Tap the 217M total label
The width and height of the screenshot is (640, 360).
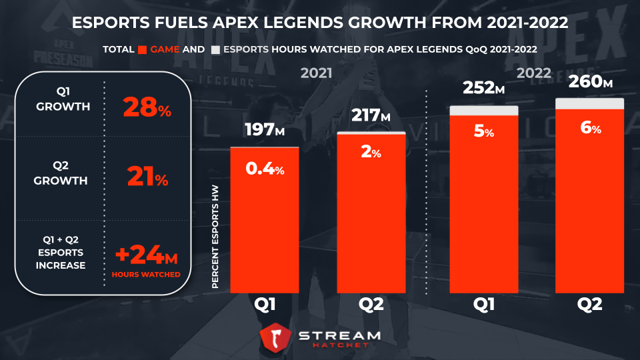click(x=371, y=115)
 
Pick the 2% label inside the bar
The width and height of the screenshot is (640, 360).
click(x=371, y=153)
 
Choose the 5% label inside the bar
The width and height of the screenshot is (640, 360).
click(x=484, y=132)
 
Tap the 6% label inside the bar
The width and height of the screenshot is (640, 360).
click(x=591, y=129)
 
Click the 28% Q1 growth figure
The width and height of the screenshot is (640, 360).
click(x=147, y=107)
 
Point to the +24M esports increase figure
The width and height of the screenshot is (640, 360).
click(x=145, y=255)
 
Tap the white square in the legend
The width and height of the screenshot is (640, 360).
click(x=215, y=50)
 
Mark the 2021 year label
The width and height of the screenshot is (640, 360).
click(x=317, y=73)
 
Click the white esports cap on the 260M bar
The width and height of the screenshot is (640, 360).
click(x=590, y=103)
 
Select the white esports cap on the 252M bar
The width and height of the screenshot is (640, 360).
click(x=484, y=110)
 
